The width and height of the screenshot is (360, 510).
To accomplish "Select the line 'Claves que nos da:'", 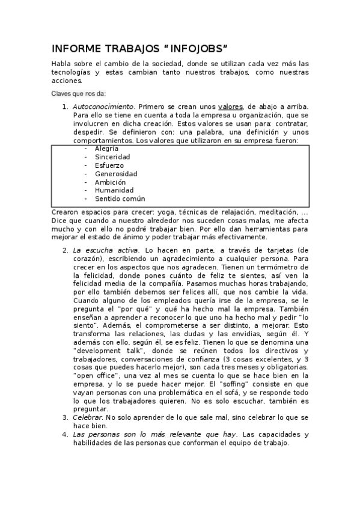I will click(78, 93).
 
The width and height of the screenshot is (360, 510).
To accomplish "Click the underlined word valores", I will click(230, 106).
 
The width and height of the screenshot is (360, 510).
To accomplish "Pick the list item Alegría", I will click(106, 148).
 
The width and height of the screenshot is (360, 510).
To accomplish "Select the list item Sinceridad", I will click(112, 156).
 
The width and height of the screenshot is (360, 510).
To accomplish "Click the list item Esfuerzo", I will click(109, 165).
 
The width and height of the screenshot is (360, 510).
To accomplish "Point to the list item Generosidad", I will click(115, 173).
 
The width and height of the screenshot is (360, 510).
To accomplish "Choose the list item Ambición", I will click(110, 182).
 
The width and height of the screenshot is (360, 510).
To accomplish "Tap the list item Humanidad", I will click(114, 190).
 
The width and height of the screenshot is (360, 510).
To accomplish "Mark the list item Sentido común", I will click(120, 198).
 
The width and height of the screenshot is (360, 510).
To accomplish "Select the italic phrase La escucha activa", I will click(106, 250).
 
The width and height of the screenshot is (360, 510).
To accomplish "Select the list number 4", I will click(65, 434).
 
